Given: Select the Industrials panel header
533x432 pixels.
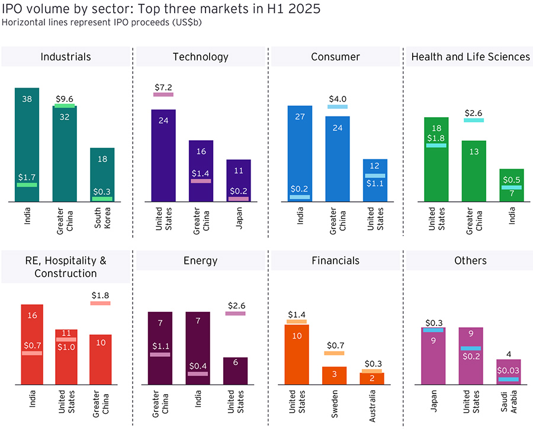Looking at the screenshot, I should click(x=66, y=57).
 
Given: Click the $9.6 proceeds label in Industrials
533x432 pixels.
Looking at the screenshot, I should click(x=65, y=99).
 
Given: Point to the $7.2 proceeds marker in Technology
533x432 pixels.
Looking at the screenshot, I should click(x=163, y=94).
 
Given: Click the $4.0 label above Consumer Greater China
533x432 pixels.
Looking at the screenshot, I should click(x=338, y=99).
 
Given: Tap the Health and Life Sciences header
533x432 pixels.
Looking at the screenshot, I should click(x=470, y=57).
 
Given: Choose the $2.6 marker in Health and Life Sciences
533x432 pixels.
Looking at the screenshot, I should click(x=474, y=120).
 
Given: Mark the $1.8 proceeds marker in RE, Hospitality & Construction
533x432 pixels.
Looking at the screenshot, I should click(x=100, y=303).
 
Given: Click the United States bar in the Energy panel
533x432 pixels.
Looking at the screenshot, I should click(x=236, y=370).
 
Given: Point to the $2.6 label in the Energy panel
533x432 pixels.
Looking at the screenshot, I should click(x=236, y=305).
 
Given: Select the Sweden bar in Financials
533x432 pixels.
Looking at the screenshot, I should click(x=334, y=375).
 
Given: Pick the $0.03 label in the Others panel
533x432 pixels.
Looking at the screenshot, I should click(x=508, y=370).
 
